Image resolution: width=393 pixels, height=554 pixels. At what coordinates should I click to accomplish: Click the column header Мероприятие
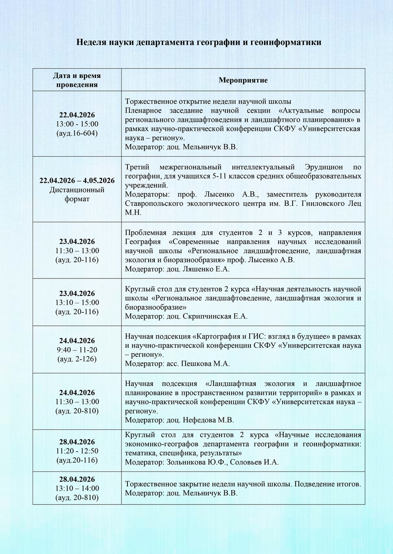243,80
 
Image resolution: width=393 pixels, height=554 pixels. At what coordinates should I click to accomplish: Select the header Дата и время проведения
77,80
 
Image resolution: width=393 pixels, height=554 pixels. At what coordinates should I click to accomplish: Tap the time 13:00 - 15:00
77,124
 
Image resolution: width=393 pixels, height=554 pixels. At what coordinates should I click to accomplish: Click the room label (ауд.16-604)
77,133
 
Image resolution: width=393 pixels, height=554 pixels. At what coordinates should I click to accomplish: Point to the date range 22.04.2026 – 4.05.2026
77,181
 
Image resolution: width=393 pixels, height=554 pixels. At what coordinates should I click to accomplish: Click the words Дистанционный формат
77,194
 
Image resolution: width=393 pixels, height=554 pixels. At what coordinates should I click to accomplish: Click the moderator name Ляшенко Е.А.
206,269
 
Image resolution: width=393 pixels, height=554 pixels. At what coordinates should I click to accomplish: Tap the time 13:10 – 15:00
77,302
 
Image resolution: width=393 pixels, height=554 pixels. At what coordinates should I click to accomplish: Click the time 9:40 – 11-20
77,350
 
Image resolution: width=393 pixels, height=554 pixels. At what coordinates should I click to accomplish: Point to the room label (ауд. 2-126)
77,359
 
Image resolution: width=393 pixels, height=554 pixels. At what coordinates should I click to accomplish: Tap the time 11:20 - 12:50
77,451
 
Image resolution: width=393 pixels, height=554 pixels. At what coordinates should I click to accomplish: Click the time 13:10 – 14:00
77,488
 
